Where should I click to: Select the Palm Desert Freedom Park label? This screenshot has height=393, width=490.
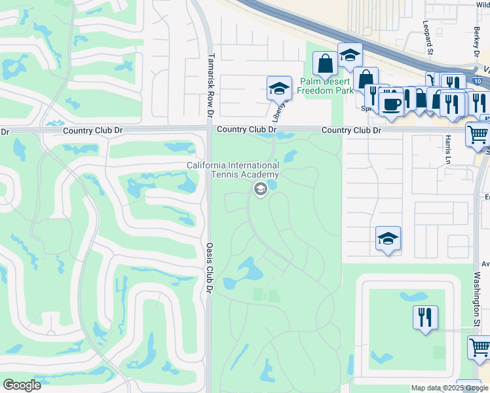click(x=326, y=86)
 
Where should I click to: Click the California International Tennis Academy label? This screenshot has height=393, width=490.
click(x=233, y=170)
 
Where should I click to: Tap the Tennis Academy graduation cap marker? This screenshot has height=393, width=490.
click(x=259, y=189)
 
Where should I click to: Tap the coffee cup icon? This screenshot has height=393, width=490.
click(x=391, y=105)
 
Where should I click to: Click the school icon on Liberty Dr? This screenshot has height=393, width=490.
click(x=279, y=88)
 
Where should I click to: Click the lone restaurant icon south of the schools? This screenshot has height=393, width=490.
click(x=425, y=318)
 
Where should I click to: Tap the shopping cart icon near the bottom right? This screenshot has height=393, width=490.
click(x=479, y=347)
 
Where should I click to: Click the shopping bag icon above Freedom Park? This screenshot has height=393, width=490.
click(x=325, y=64)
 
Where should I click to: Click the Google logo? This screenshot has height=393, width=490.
click(x=22, y=385)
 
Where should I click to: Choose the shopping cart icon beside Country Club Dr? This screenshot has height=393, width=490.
click(x=478, y=134)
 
